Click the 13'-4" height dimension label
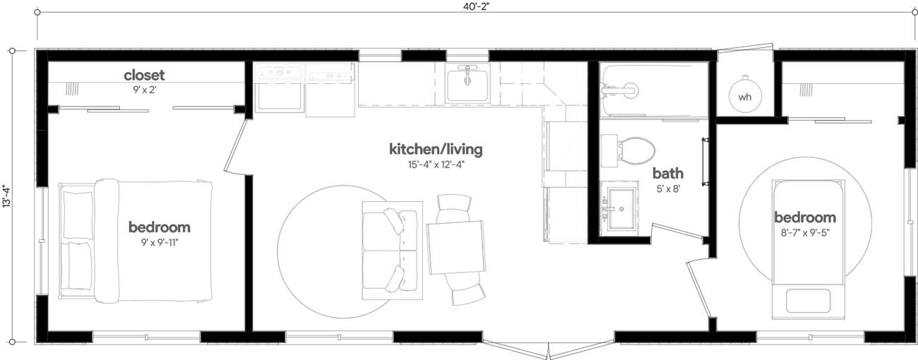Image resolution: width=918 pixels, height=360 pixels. point(6,196)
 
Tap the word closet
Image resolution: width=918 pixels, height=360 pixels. point(144,75)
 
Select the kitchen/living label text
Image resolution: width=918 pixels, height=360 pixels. point(436,150)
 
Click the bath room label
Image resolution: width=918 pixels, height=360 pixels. point(667,174)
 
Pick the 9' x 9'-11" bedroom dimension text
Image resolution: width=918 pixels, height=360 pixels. point(159,242)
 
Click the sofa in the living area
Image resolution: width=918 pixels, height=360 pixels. point(391,248)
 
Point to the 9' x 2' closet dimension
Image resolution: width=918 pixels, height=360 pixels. point(144,90)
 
